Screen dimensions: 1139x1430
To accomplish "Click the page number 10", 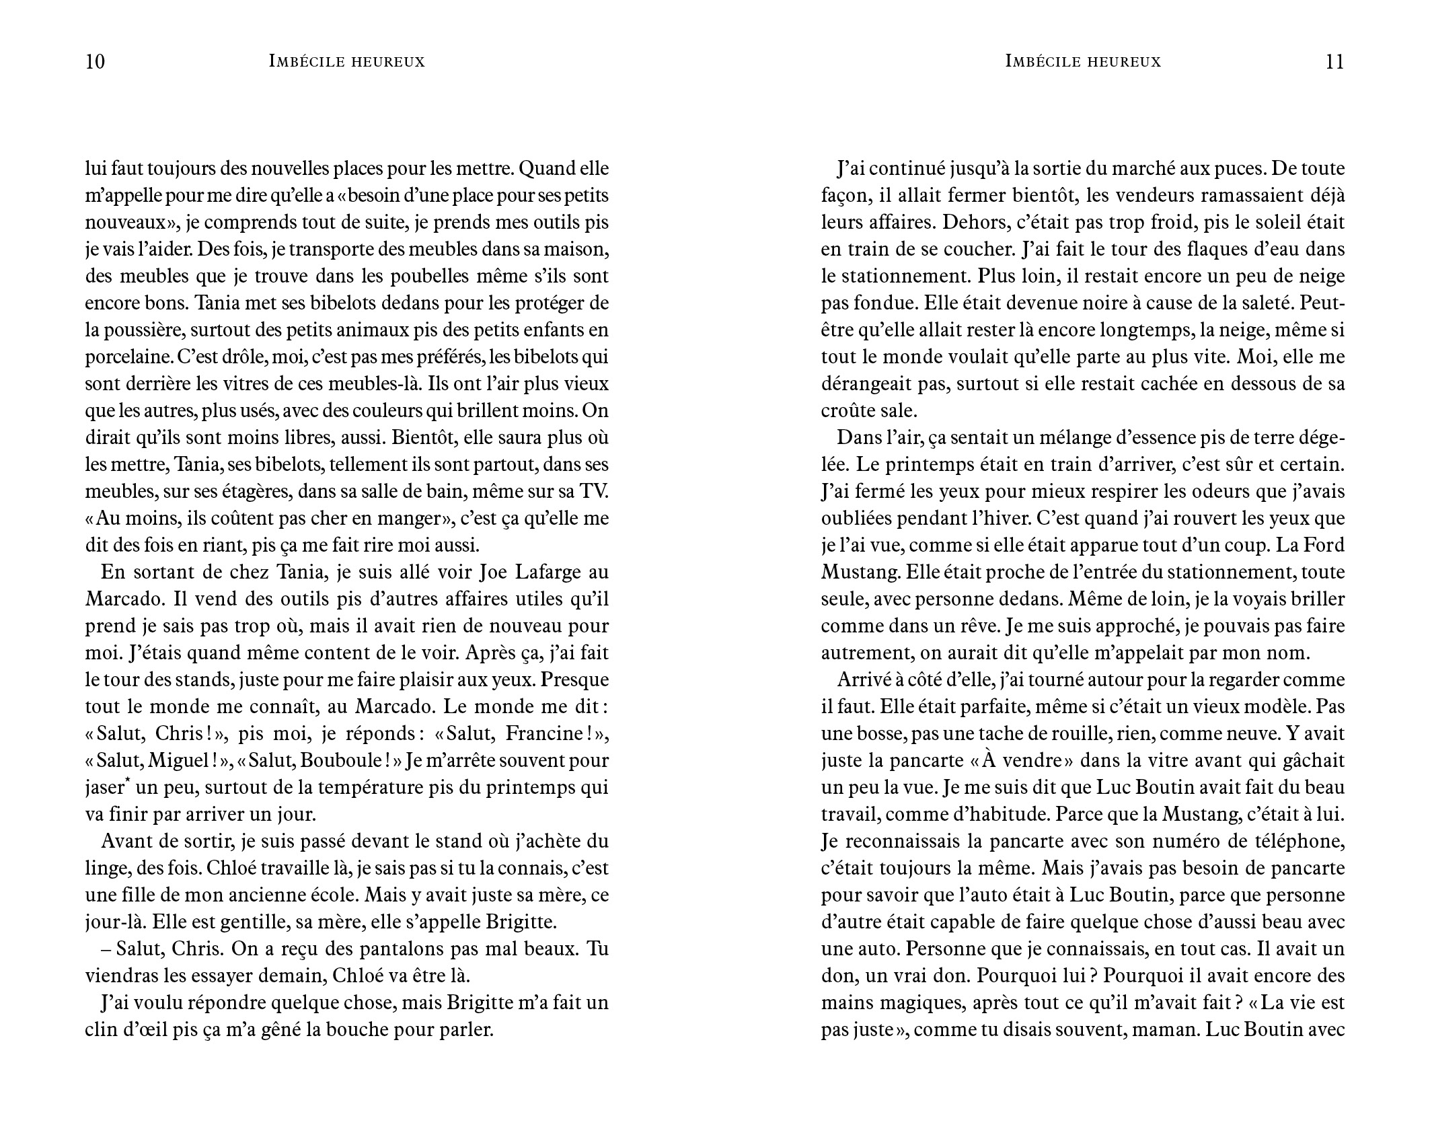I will point(96,62).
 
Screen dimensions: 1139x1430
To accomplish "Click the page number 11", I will point(1334,62).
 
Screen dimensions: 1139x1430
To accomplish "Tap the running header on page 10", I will point(346,62).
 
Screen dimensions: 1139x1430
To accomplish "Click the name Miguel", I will point(178,761).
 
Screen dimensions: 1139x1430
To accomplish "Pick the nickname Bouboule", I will point(343,761).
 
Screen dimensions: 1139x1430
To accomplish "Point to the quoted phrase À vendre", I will point(1030,761).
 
